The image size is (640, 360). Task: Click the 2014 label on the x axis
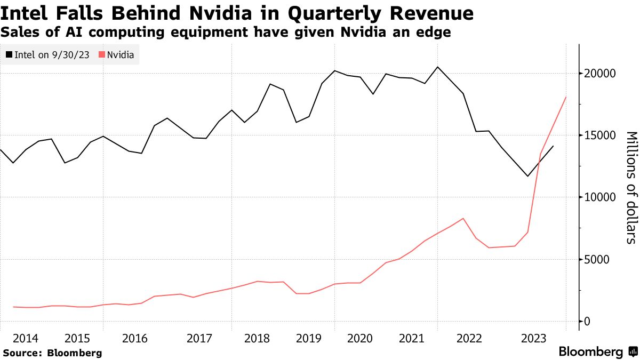(26, 339)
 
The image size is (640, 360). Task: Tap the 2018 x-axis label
(257, 339)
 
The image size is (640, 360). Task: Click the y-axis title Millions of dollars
(631, 187)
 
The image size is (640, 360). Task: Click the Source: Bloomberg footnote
(52, 353)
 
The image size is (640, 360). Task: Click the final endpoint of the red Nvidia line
(565, 98)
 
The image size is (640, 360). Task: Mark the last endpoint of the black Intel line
(553, 146)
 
